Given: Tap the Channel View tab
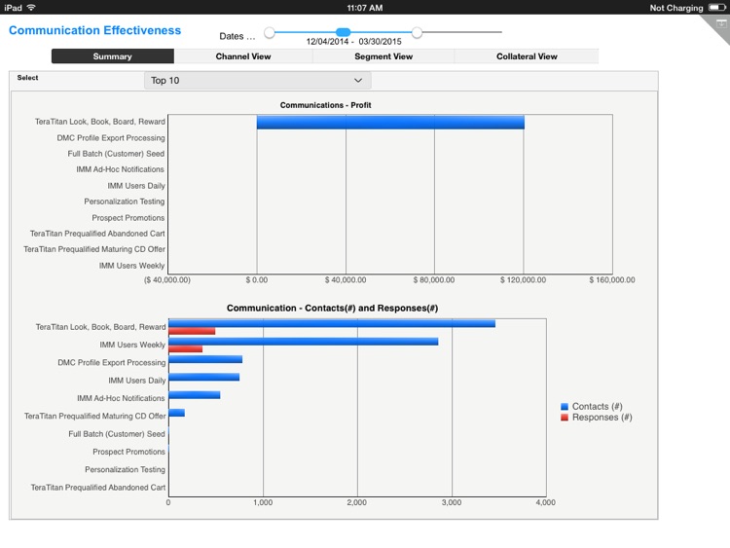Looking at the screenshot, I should tap(242, 56).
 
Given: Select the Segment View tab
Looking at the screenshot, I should tap(383, 56).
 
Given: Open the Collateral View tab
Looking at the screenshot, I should tap(527, 56).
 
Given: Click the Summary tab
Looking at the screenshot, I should tap(112, 56).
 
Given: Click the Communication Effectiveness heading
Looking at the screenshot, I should tap(94, 30).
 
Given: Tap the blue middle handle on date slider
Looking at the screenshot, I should tap(343, 32).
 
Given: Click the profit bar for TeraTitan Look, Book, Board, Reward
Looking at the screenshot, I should tap(389, 122).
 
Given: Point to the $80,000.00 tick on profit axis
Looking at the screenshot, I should tap(434, 279).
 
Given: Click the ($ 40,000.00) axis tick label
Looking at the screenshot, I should tap(167, 279).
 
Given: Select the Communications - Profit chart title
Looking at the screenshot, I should tap(325, 104).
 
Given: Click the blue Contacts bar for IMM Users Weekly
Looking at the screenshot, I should tap(303, 342).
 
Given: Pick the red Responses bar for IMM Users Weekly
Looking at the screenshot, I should tap(185, 348).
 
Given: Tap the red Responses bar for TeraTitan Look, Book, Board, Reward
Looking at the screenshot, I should tap(192, 331).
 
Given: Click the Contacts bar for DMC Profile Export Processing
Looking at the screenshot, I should tap(205, 359).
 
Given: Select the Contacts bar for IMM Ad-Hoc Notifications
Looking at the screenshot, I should tap(194, 395).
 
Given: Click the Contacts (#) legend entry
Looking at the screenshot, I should tap(597, 406).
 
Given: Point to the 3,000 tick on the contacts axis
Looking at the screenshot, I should tap(452, 502).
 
